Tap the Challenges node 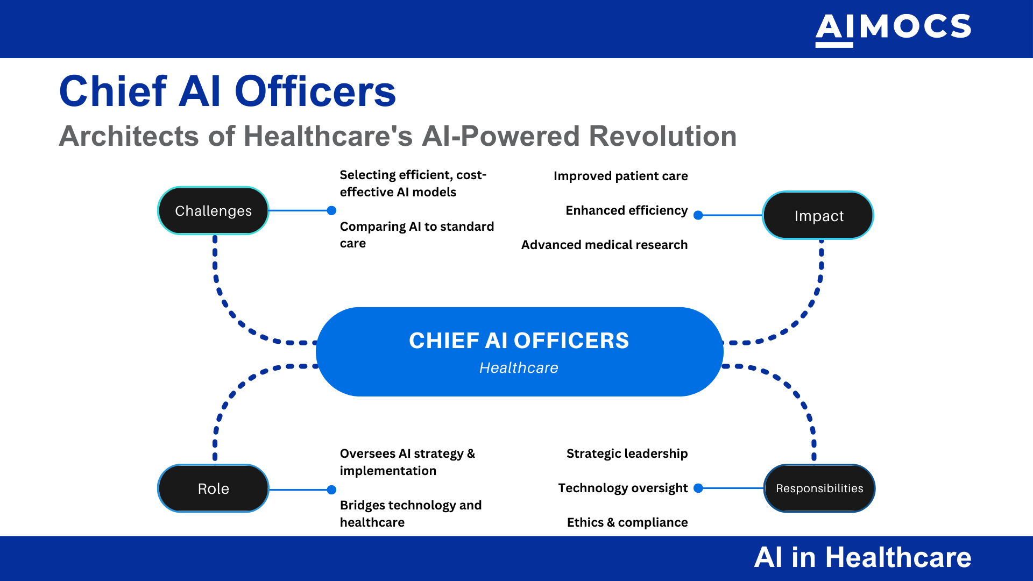coord(213,211)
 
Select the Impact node coord(818,216)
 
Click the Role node coord(213,488)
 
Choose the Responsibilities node coord(819,488)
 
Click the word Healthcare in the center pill coord(519,368)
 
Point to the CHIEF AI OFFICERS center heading coord(519,341)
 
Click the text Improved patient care coord(620,176)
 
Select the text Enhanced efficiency coord(626,210)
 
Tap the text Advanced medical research coord(604,245)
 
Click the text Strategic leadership coord(627,454)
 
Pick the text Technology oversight coord(622,488)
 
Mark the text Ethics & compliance coord(627,522)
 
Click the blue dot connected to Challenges coord(331,210)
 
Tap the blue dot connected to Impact coord(698,215)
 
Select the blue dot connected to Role coord(331,490)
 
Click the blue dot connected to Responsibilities coord(698,488)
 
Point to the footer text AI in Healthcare coord(862,557)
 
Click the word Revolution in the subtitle coord(663,136)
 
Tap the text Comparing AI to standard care coord(416,235)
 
